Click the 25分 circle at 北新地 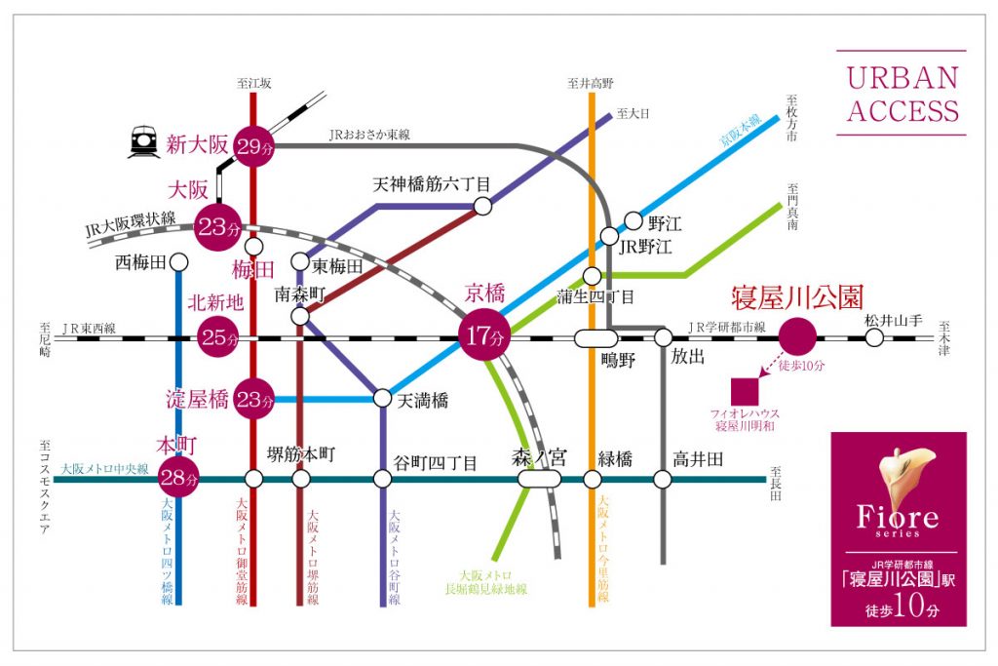point(218,337)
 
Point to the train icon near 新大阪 point(144,143)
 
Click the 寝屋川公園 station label point(798,296)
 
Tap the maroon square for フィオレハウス point(746,390)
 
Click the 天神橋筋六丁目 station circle point(482,205)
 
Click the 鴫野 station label point(620,363)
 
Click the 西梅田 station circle point(178,261)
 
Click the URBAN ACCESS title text point(902,94)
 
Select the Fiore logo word point(898,517)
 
